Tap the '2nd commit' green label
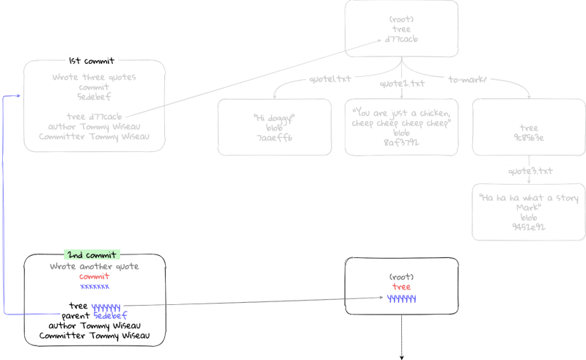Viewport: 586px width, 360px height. pos(92,254)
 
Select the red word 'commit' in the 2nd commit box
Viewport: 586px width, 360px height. pos(94,276)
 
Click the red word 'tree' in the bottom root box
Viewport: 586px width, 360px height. pos(401,287)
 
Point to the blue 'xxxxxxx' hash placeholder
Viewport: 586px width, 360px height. pos(94,287)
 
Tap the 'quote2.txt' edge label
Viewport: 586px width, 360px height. pos(402,84)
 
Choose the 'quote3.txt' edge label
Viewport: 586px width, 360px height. pos(532,171)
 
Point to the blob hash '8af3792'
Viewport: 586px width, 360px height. pos(401,143)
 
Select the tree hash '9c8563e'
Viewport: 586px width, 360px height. pos(528,137)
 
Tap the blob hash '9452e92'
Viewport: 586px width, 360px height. pos(528,227)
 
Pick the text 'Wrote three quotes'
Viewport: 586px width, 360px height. pos(94,76)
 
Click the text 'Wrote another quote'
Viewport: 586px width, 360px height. pos(94,266)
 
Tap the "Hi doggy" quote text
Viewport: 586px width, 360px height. pos(274,118)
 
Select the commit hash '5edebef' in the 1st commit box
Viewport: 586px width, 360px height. pos(94,95)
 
